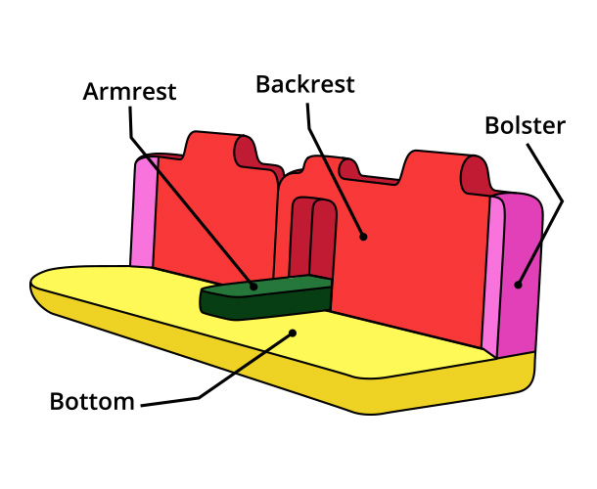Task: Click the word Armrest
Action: coord(129,92)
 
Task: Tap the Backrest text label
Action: coord(305,83)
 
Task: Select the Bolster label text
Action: coord(526,126)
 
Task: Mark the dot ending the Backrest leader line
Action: coord(363,236)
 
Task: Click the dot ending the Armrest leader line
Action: coord(253,287)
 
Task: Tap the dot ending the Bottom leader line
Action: coord(292,333)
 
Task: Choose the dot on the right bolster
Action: coord(519,285)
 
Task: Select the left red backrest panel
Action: coord(215,215)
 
